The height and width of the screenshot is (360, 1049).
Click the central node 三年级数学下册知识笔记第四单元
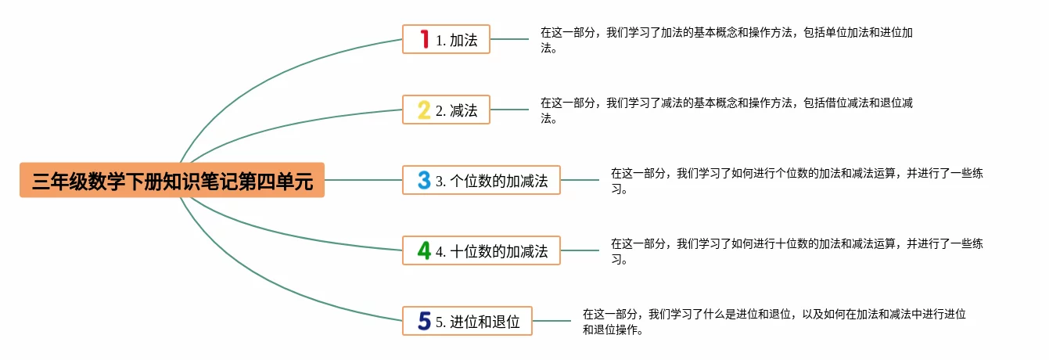pos(172,181)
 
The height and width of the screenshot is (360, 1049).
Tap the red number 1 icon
pos(425,39)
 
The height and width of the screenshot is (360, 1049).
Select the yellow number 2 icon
pos(424,110)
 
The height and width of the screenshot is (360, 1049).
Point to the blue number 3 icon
pos(424,181)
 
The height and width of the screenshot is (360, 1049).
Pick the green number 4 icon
pos(424,250)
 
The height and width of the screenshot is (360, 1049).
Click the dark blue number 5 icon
pos(424,321)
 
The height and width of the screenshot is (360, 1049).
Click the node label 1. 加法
pos(457,40)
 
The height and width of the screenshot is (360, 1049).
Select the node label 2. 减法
pos(457,110)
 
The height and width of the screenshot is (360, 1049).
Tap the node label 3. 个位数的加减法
pos(492,181)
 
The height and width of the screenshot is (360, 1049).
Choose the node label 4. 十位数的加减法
pos(492,251)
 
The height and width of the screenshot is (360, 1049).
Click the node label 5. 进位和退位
pos(478,322)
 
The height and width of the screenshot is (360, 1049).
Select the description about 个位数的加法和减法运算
pos(796,181)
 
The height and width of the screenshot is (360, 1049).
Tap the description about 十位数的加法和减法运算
pos(796,251)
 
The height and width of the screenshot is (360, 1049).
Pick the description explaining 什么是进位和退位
pos(774,322)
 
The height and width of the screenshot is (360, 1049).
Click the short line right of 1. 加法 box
pos(509,39)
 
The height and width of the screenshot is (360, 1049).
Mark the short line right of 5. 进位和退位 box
pos(551,321)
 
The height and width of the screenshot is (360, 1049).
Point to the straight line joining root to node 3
pos(363,180)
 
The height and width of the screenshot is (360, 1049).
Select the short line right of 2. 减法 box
pos(509,110)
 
